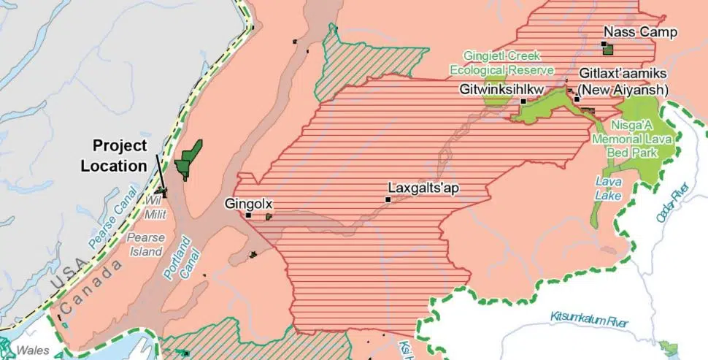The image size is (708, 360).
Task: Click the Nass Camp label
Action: pos(640,32)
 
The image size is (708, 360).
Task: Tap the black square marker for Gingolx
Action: pos(249,215)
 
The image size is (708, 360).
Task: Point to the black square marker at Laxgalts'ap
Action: pos(389,199)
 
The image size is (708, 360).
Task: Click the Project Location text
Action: pos(114,156)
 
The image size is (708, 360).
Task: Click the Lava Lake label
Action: pos(608,188)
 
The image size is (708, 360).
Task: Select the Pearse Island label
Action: pos(145,245)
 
